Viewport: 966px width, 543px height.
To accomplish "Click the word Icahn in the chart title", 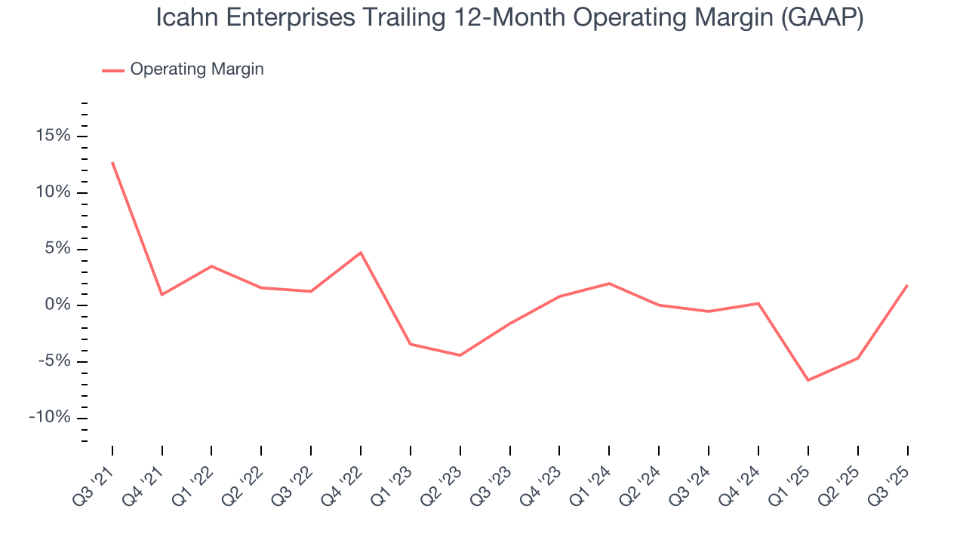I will [x=185, y=18].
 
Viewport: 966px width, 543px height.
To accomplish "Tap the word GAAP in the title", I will [x=822, y=18].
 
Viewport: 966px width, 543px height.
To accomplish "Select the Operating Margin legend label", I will [x=197, y=69].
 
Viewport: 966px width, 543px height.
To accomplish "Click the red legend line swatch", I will [x=113, y=70].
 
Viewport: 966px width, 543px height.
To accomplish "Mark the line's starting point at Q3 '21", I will [x=112, y=162].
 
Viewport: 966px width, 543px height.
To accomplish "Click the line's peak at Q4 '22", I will [x=361, y=253].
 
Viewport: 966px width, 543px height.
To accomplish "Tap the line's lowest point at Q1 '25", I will [x=808, y=380].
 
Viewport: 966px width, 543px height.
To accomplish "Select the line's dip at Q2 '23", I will [x=460, y=355].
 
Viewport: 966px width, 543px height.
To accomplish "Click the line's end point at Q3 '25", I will [x=907, y=285].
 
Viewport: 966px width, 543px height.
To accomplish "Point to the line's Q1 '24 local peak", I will [x=609, y=284].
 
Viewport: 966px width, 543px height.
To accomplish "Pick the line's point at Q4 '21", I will [x=162, y=294].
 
